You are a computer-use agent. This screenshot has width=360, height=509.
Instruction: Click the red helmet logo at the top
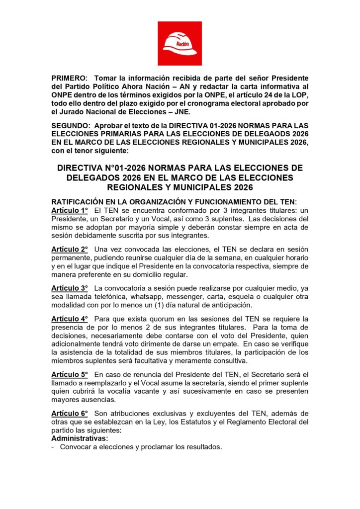pos(180,43)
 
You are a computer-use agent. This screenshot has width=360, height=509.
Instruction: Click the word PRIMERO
pos(69,79)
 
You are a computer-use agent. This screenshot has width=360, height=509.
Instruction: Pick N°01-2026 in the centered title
pos(117,169)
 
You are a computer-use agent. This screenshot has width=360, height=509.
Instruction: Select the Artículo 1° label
pos(70,211)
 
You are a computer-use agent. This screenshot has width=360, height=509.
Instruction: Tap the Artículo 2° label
pos(70,249)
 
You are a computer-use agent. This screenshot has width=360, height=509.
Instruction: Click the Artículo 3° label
pos(70,288)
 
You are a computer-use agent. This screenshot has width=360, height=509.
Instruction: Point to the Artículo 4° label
pos(70,319)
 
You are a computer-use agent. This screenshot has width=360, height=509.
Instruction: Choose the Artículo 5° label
pos(70,374)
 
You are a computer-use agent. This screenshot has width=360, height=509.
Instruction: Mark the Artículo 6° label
pos(70,414)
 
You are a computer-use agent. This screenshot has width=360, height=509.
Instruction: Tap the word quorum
pos(133,319)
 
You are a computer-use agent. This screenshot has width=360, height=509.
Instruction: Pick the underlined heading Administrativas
pos(80,438)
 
